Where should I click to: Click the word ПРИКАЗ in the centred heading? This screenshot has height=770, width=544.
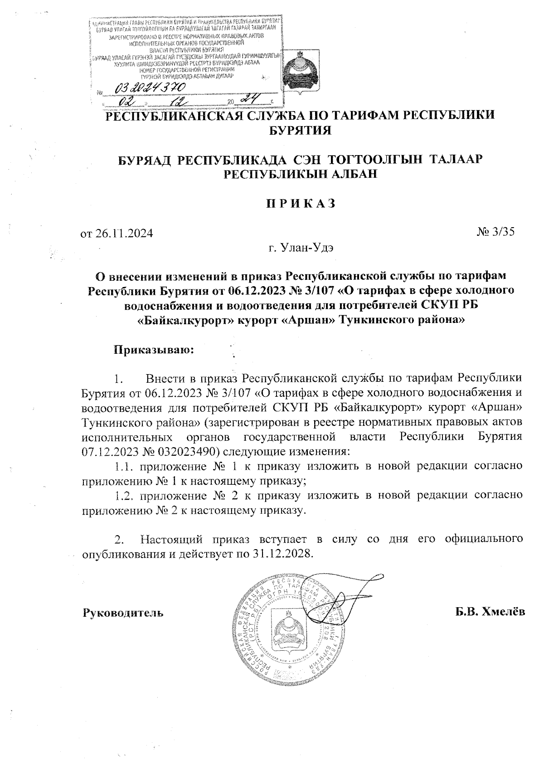point(301,203)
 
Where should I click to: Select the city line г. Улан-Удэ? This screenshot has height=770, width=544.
point(301,248)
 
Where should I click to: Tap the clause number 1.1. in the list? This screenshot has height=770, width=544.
point(125,466)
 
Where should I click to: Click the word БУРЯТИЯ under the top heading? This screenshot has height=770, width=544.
point(301,131)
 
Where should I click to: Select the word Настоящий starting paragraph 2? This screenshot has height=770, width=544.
point(171,540)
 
